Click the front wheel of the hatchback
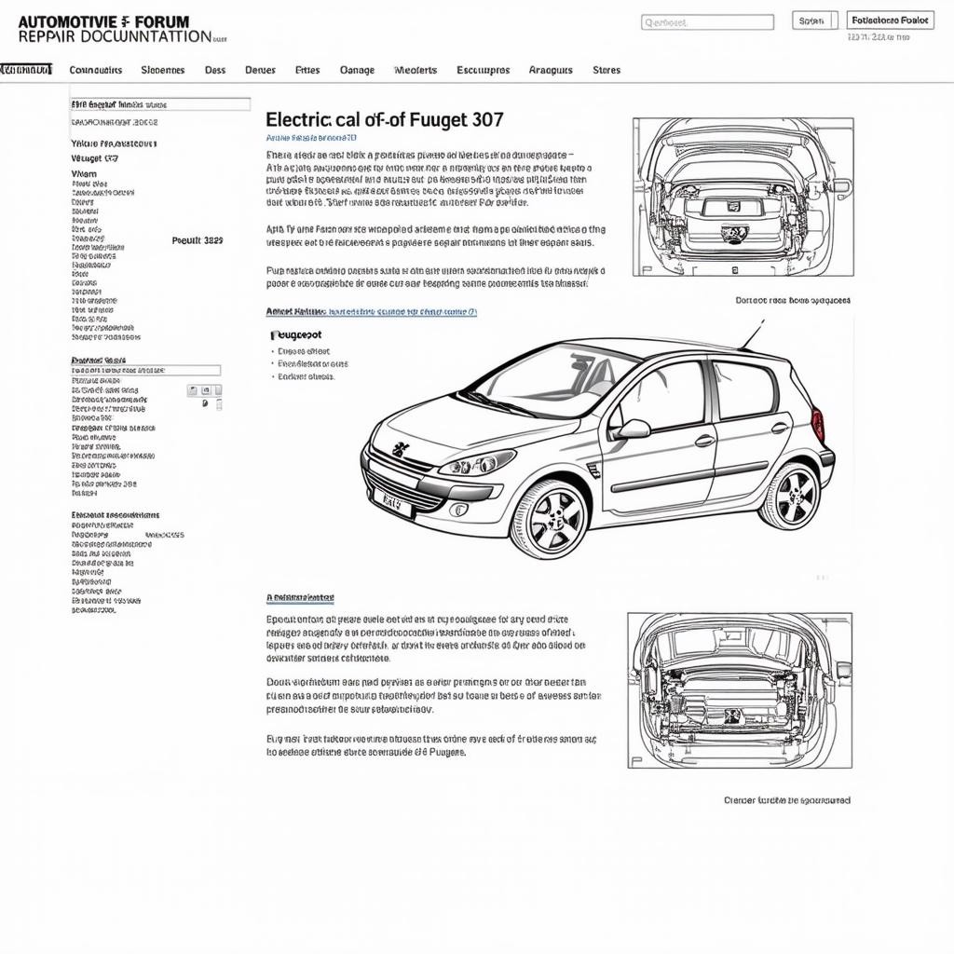click(x=550, y=518)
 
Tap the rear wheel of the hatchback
click(x=789, y=495)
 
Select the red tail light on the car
click(x=818, y=425)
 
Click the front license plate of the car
click(x=392, y=504)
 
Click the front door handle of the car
click(x=704, y=441)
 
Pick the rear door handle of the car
click(x=780, y=429)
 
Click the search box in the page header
click(x=707, y=22)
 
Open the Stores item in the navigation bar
click(x=606, y=70)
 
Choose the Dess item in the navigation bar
click(x=215, y=70)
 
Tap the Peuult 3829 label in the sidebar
click(x=198, y=239)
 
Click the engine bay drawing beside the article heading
click(x=743, y=196)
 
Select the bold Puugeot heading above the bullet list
click(x=296, y=334)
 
